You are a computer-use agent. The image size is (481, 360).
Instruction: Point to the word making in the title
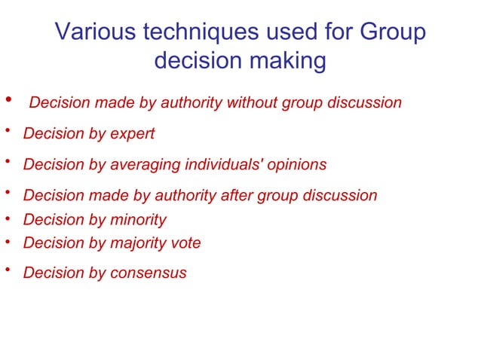pos(290,61)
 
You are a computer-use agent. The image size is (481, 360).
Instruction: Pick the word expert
pos(131,134)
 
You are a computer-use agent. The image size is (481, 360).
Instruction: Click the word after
pos(237,196)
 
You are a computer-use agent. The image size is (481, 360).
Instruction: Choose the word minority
pos(137,220)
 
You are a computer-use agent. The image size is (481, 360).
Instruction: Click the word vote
pos(185,243)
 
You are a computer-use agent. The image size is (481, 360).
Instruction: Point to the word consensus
pos(147,273)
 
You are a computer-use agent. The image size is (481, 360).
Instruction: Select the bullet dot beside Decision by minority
pos(7,219)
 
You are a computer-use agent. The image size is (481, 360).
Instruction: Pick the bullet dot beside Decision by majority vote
pos(7,243)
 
